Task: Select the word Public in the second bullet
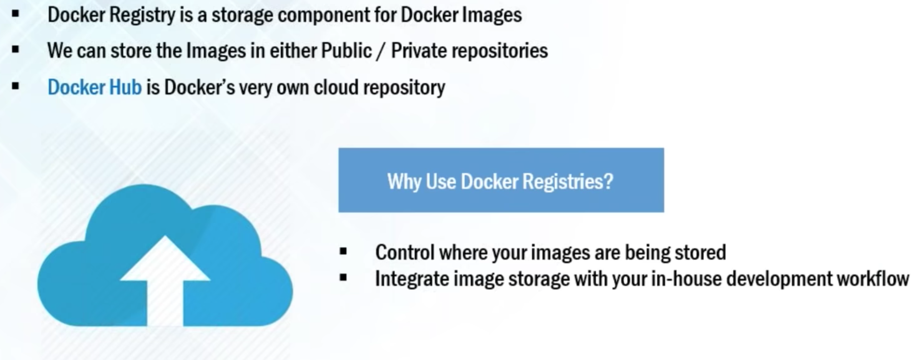coord(346,51)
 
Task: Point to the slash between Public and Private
coord(381,51)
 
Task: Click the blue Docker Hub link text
coord(94,88)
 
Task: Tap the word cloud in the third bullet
coord(336,88)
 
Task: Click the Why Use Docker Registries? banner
coord(501,180)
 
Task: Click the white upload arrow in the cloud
coord(165,278)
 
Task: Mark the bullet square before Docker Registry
coord(15,13)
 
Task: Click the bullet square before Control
coord(343,251)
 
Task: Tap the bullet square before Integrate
coord(343,277)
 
